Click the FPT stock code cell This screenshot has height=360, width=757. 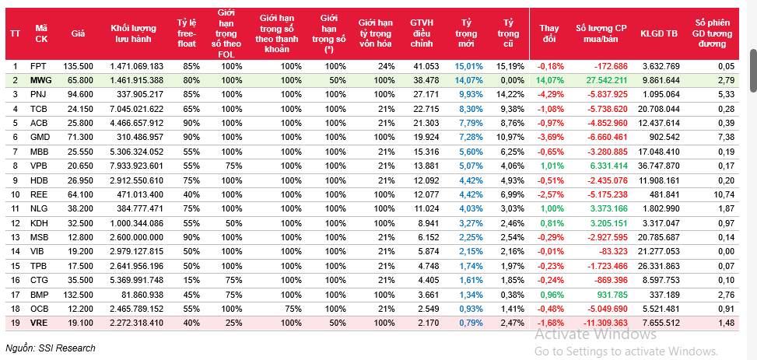coord(37,66)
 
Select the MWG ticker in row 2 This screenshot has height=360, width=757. coord(40,80)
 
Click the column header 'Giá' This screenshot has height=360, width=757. coord(78,33)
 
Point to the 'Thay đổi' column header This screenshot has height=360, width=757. coord(548,33)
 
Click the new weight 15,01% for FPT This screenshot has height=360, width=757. coord(469,66)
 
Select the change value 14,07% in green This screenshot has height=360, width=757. coord(548,80)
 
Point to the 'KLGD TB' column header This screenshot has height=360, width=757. coord(658,33)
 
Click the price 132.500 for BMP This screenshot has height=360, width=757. coord(79,295)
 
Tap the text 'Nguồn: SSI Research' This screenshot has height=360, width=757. coord(51,348)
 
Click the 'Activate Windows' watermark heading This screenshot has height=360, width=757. coord(595,334)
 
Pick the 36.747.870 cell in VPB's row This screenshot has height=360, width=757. coord(658,166)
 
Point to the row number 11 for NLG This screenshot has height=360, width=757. coord(14,208)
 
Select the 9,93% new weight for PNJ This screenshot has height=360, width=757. coord(471,94)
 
